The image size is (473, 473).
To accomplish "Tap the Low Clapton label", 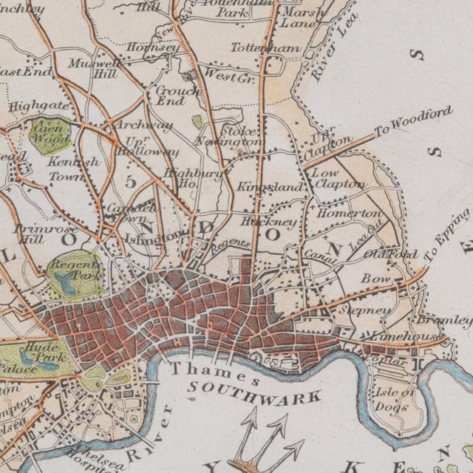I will pyautogui.click(x=339, y=178).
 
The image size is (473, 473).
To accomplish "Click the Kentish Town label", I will pyautogui.click(x=72, y=169).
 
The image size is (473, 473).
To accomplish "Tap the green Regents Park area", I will pyautogui.click(x=73, y=273).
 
